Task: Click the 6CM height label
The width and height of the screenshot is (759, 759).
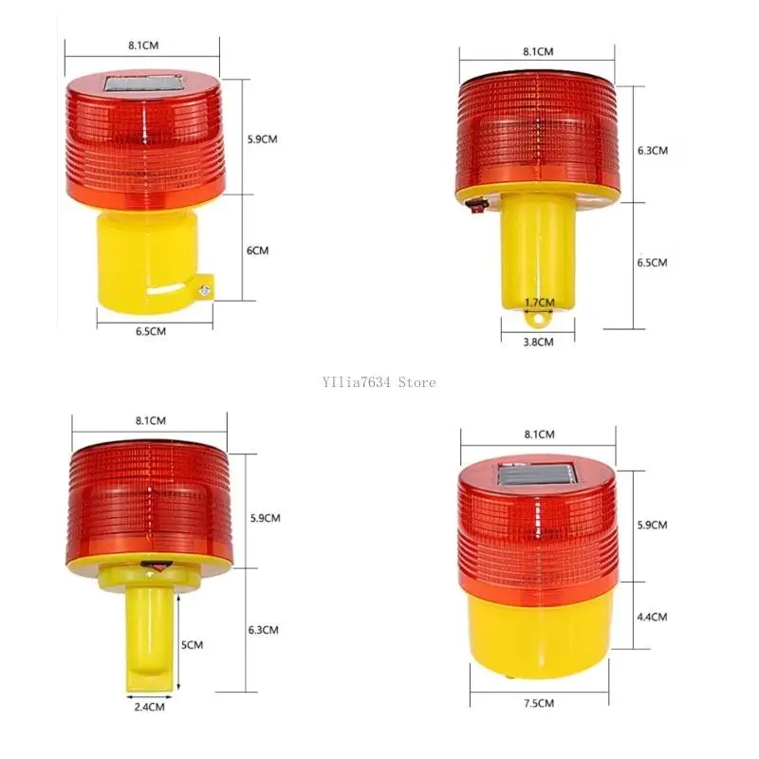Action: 257,250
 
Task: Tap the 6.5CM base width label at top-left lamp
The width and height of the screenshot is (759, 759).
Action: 151,331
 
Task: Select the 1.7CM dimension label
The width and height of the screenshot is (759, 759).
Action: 539,303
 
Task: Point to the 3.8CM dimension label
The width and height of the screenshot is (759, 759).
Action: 538,342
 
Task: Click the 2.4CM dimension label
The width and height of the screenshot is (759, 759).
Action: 150,707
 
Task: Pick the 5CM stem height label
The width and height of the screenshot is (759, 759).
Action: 192,645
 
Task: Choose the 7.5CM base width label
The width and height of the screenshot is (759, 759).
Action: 539,703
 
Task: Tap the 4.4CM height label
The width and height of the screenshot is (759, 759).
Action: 652,618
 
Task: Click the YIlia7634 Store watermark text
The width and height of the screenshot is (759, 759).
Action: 379,382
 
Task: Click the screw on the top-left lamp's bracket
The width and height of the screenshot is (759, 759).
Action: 205,290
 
